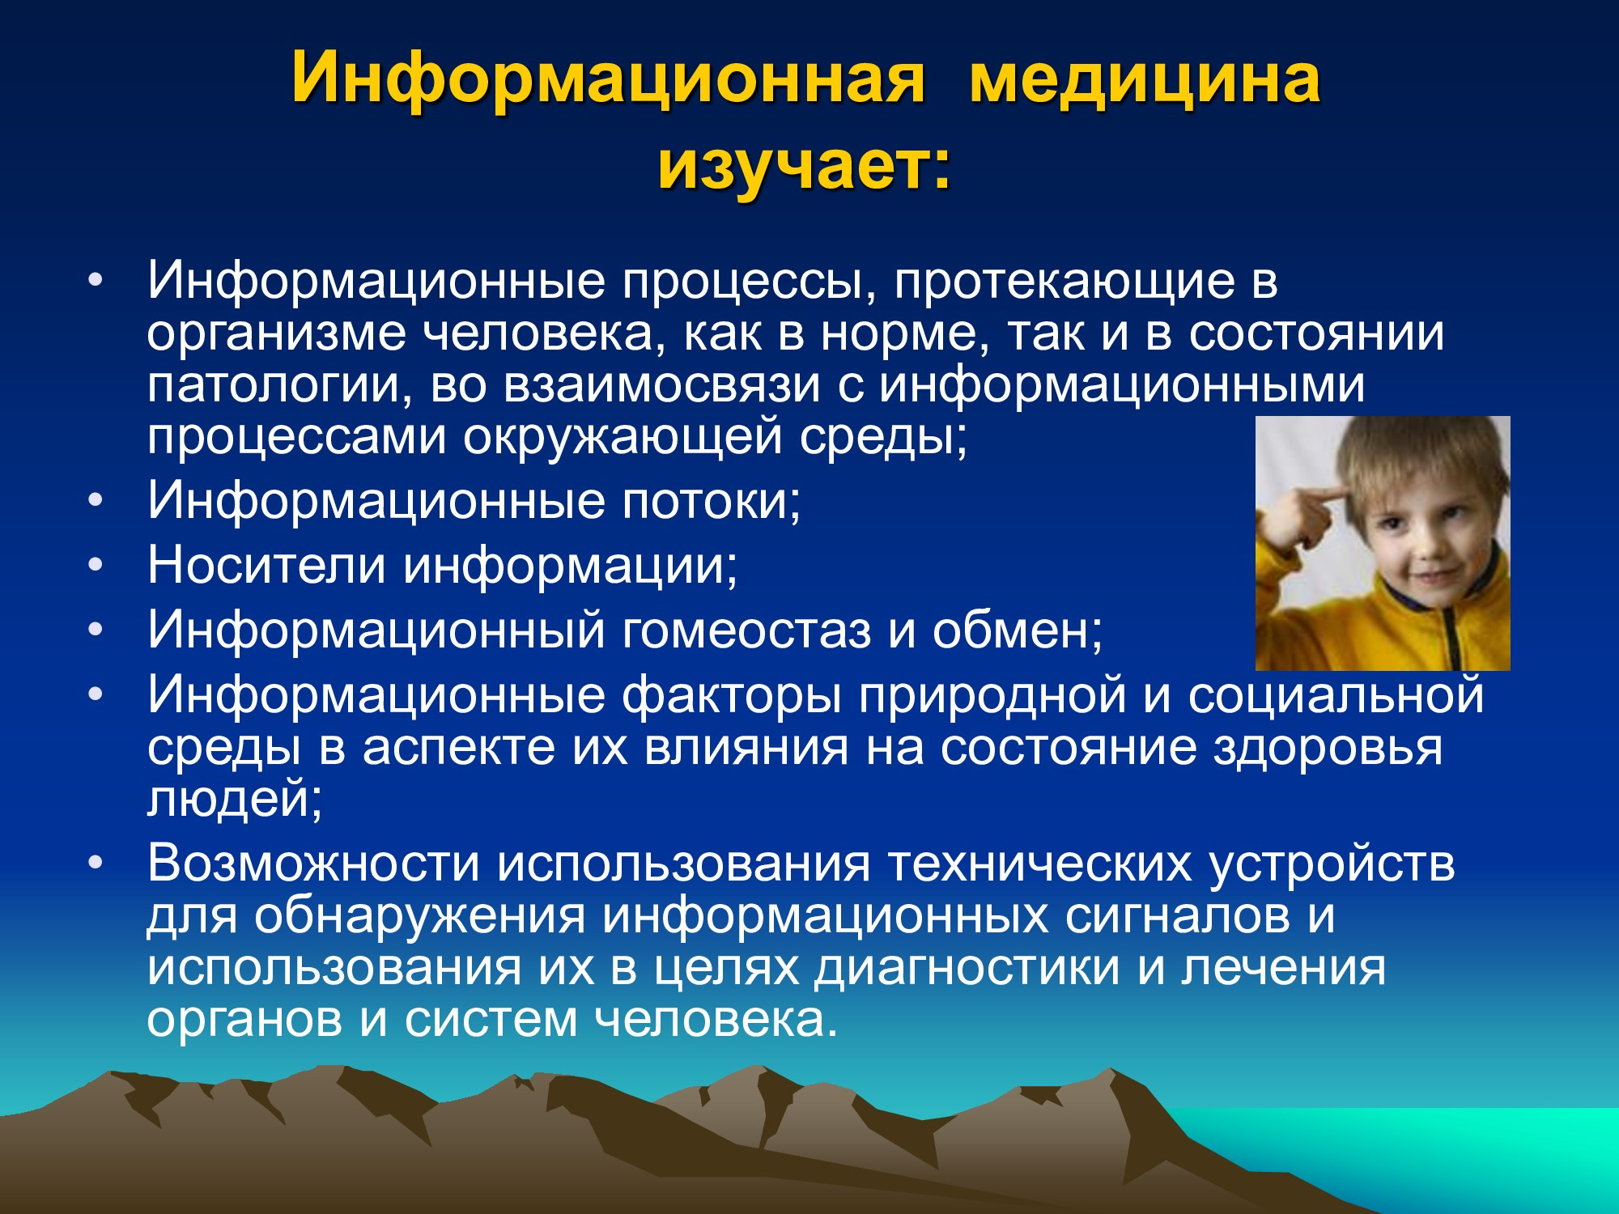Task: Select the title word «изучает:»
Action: coord(804,168)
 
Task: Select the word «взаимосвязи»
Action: coord(662,385)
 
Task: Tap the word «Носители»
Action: coord(266,564)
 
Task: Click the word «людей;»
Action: coord(235,798)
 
